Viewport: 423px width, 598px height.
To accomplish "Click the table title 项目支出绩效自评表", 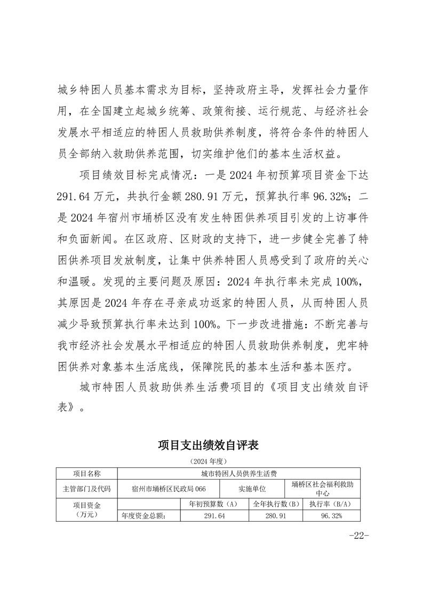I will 211,445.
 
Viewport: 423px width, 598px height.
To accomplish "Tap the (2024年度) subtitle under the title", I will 211,460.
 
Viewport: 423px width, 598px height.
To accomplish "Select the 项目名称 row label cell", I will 86,473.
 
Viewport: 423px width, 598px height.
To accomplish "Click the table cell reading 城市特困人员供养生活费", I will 238,473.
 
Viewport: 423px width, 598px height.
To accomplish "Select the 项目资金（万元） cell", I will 86,510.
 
